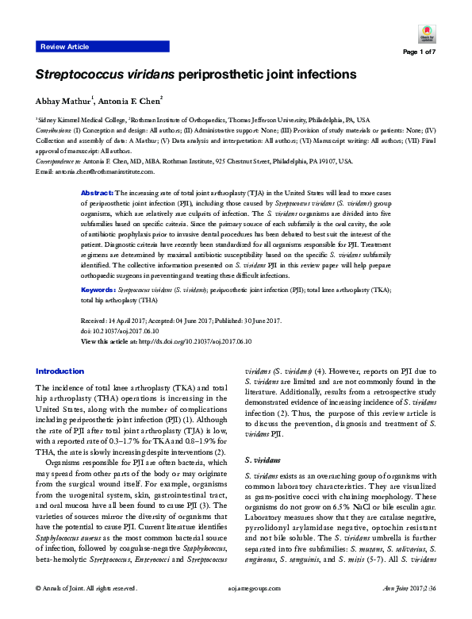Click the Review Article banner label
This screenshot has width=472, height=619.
(64, 48)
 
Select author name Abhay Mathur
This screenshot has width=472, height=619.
(63, 101)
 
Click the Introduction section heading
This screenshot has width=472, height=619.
(60, 371)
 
